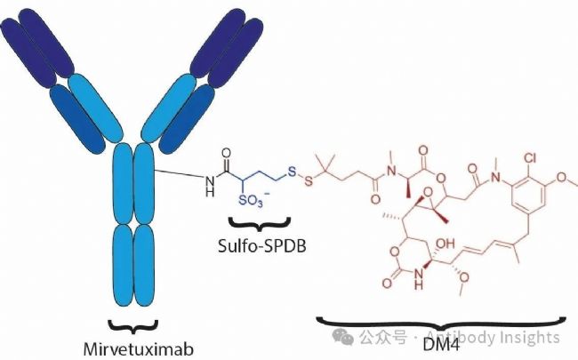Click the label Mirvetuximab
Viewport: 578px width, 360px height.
[x=138, y=348]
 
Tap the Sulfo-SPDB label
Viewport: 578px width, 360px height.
[x=261, y=246]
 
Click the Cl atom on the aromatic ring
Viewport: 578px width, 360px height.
[x=530, y=158]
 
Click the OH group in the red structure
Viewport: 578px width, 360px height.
[x=446, y=244]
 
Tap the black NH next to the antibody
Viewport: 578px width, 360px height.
[x=210, y=186]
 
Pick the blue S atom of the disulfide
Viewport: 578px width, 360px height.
[x=292, y=172]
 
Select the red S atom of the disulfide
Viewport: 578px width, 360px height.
[x=309, y=181]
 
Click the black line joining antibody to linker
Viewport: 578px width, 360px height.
[x=179, y=173]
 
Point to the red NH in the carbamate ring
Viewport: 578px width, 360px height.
[x=418, y=278]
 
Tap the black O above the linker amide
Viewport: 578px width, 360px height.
[x=227, y=153]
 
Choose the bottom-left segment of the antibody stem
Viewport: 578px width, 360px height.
[x=123, y=265]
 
